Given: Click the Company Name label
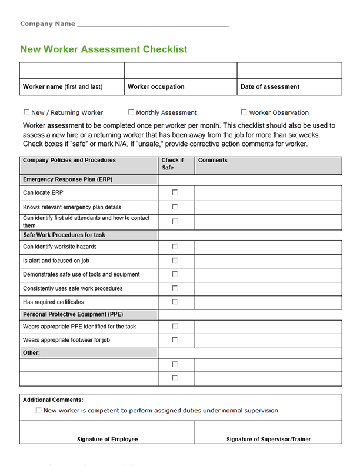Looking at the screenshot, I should [x=48, y=24].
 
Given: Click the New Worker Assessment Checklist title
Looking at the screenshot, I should [x=104, y=49].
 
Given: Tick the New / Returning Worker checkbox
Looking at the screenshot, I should [x=26, y=112].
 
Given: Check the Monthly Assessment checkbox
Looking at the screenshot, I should [x=131, y=112].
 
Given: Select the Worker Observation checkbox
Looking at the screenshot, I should [x=244, y=112].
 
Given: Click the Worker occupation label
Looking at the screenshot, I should [x=156, y=86].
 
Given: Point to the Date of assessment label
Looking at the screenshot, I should [x=270, y=86].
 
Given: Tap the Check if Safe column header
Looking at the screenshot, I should [x=173, y=164].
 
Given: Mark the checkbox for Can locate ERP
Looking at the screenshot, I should [x=175, y=192].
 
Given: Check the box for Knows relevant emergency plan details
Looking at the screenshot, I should [x=175, y=207].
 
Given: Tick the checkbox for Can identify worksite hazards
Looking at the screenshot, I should [x=175, y=247].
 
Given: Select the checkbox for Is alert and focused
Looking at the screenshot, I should [x=175, y=260].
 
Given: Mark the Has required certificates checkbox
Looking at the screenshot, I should [x=175, y=302].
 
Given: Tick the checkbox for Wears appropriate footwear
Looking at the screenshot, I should [x=175, y=339].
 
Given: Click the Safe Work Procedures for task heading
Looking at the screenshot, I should [x=64, y=235].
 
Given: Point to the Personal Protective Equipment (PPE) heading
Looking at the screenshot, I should [x=73, y=314].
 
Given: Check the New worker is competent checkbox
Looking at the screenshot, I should [x=39, y=410].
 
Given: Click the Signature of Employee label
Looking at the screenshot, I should [x=107, y=439].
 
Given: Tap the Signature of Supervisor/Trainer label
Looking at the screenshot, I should [x=268, y=439].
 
